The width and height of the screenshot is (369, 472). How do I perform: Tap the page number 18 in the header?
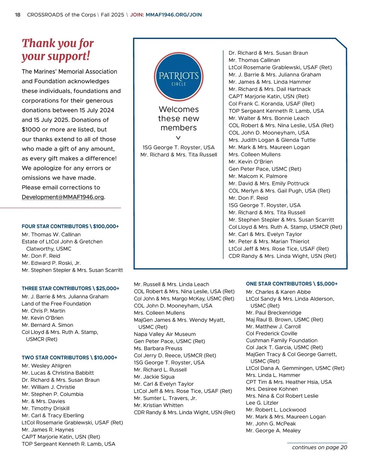(x=18, y=15)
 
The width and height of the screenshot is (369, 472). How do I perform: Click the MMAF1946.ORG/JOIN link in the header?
(x=174, y=15)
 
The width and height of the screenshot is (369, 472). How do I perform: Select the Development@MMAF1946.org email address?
(x=63, y=197)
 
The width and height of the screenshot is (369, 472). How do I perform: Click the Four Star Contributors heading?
(x=70, y=226)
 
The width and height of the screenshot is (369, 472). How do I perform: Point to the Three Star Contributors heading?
(x=70, y=288)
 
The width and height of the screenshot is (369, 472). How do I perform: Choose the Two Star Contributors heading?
(x=69, y=358)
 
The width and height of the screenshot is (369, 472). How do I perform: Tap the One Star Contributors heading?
(x=292, y=284)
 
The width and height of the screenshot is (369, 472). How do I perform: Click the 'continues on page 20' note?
(x=319, y=447)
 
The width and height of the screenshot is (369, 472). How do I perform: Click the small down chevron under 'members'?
(x=178, y=138)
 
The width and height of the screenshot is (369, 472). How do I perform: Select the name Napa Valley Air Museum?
(x=165, y=334)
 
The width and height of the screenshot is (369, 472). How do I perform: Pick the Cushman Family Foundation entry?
(x=282, y=340)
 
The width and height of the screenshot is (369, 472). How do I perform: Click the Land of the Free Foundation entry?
(x=56, y=304)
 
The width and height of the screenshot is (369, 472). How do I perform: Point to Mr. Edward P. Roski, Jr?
(x=51, y=263)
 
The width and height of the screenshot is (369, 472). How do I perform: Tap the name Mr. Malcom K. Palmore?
(x=258, y=176)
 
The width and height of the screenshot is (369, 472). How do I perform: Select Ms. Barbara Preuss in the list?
(x=158, y=348)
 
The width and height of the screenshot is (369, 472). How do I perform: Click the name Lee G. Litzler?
(x=262, y=403)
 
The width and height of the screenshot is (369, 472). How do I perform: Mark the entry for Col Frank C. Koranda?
(x=271, y=104)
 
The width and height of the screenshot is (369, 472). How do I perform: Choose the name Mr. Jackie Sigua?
(x=154, y=377)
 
